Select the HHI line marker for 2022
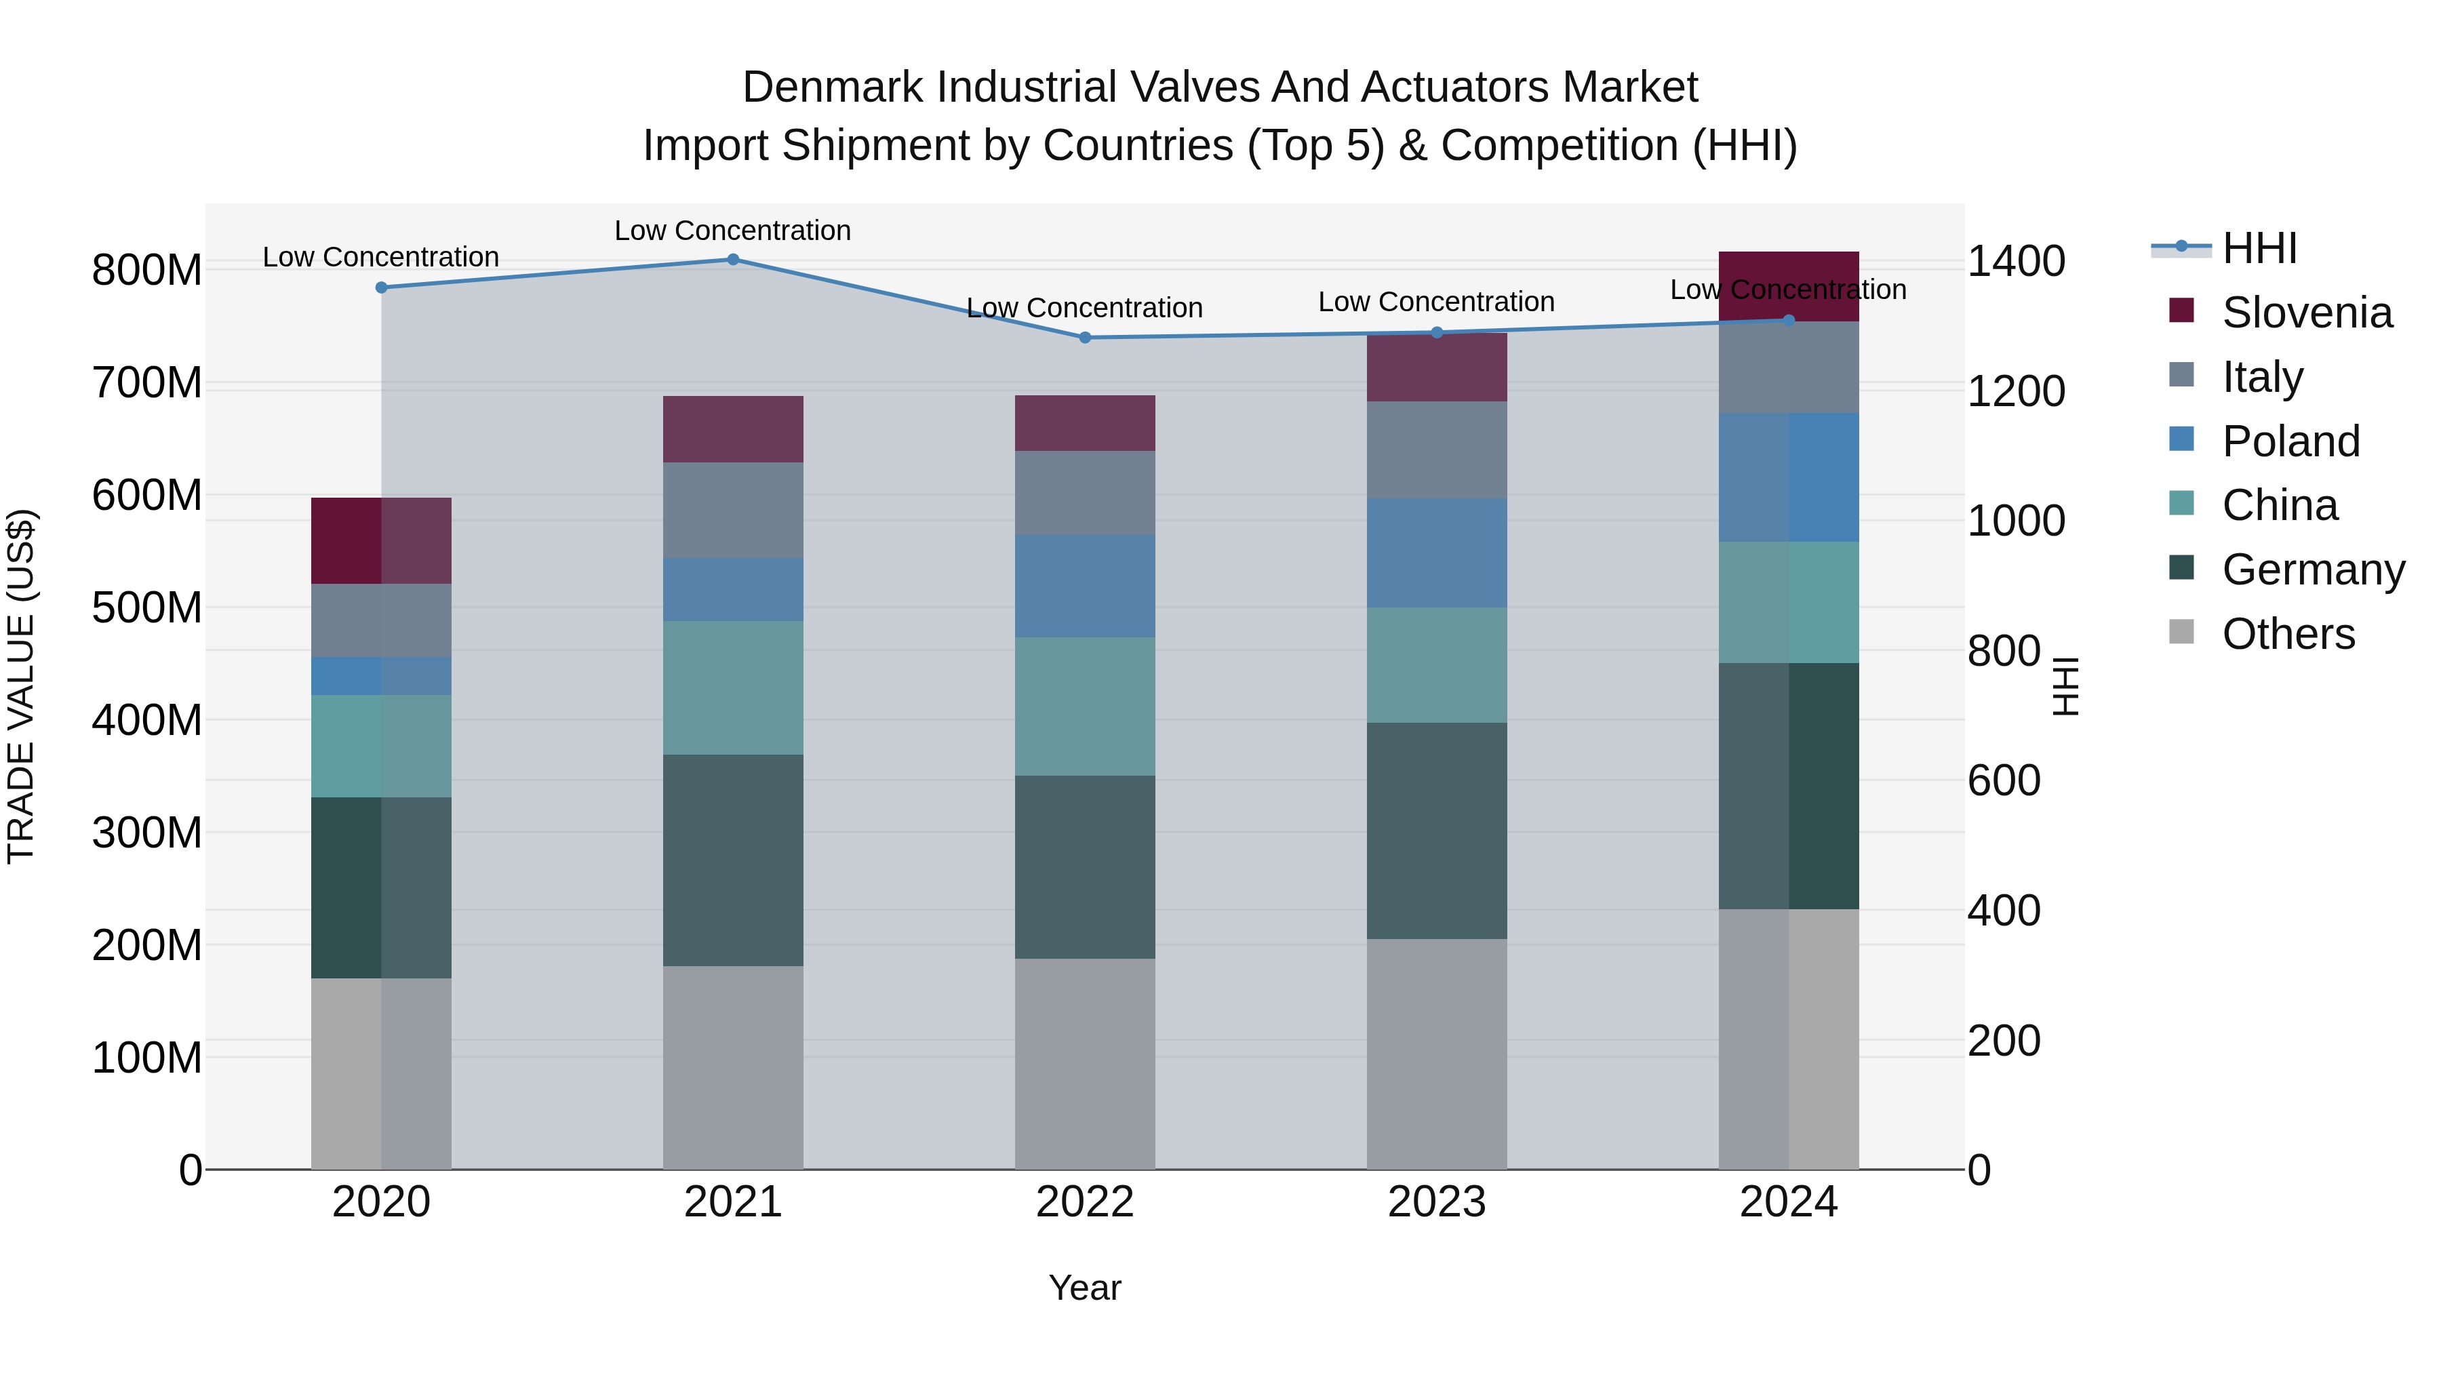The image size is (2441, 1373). [1085, 338]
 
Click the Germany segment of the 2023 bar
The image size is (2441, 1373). [1437, 831]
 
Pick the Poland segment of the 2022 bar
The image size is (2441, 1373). [1085, 586]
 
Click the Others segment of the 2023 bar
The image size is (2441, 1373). [1437, 1054]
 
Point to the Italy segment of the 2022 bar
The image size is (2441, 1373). [1085, 493]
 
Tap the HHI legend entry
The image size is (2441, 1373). [2259, 248]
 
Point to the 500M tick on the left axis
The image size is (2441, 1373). [147, 608]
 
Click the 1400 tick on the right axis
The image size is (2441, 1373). [2017, 262]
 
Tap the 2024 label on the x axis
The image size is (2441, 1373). [1788, 1202]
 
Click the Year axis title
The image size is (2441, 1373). [1085, 1288]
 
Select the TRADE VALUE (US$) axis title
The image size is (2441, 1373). [21, 686]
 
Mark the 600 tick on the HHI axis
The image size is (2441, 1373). [2003, 781]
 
